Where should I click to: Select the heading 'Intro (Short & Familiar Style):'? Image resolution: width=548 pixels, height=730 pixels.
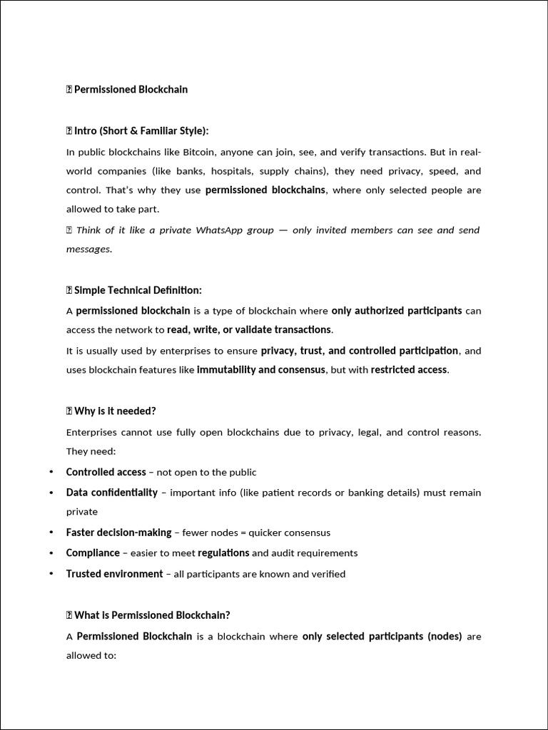click(141, 131)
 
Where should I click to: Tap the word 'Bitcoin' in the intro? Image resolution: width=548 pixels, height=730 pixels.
click(200, 152)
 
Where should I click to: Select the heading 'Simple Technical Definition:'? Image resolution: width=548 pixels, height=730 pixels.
click(138, 290)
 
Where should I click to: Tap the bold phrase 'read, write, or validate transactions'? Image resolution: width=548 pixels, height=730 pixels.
click(249, 329)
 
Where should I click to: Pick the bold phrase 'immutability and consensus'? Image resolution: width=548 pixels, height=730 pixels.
click(261, 369)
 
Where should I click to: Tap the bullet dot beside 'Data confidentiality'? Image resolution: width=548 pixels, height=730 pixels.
click(51, 493)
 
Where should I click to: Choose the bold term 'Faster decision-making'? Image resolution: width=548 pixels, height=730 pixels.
click(118, 533)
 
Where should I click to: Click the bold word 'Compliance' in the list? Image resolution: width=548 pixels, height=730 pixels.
click(93, 552)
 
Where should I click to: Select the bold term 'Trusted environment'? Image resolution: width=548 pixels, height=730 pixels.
click(114, 574)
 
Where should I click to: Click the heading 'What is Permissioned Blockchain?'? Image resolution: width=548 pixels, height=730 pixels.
click(152, 615)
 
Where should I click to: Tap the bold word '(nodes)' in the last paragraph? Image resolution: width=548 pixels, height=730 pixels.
click(445, 636)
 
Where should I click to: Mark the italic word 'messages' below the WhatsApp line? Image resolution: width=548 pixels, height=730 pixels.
click(88, 249)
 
